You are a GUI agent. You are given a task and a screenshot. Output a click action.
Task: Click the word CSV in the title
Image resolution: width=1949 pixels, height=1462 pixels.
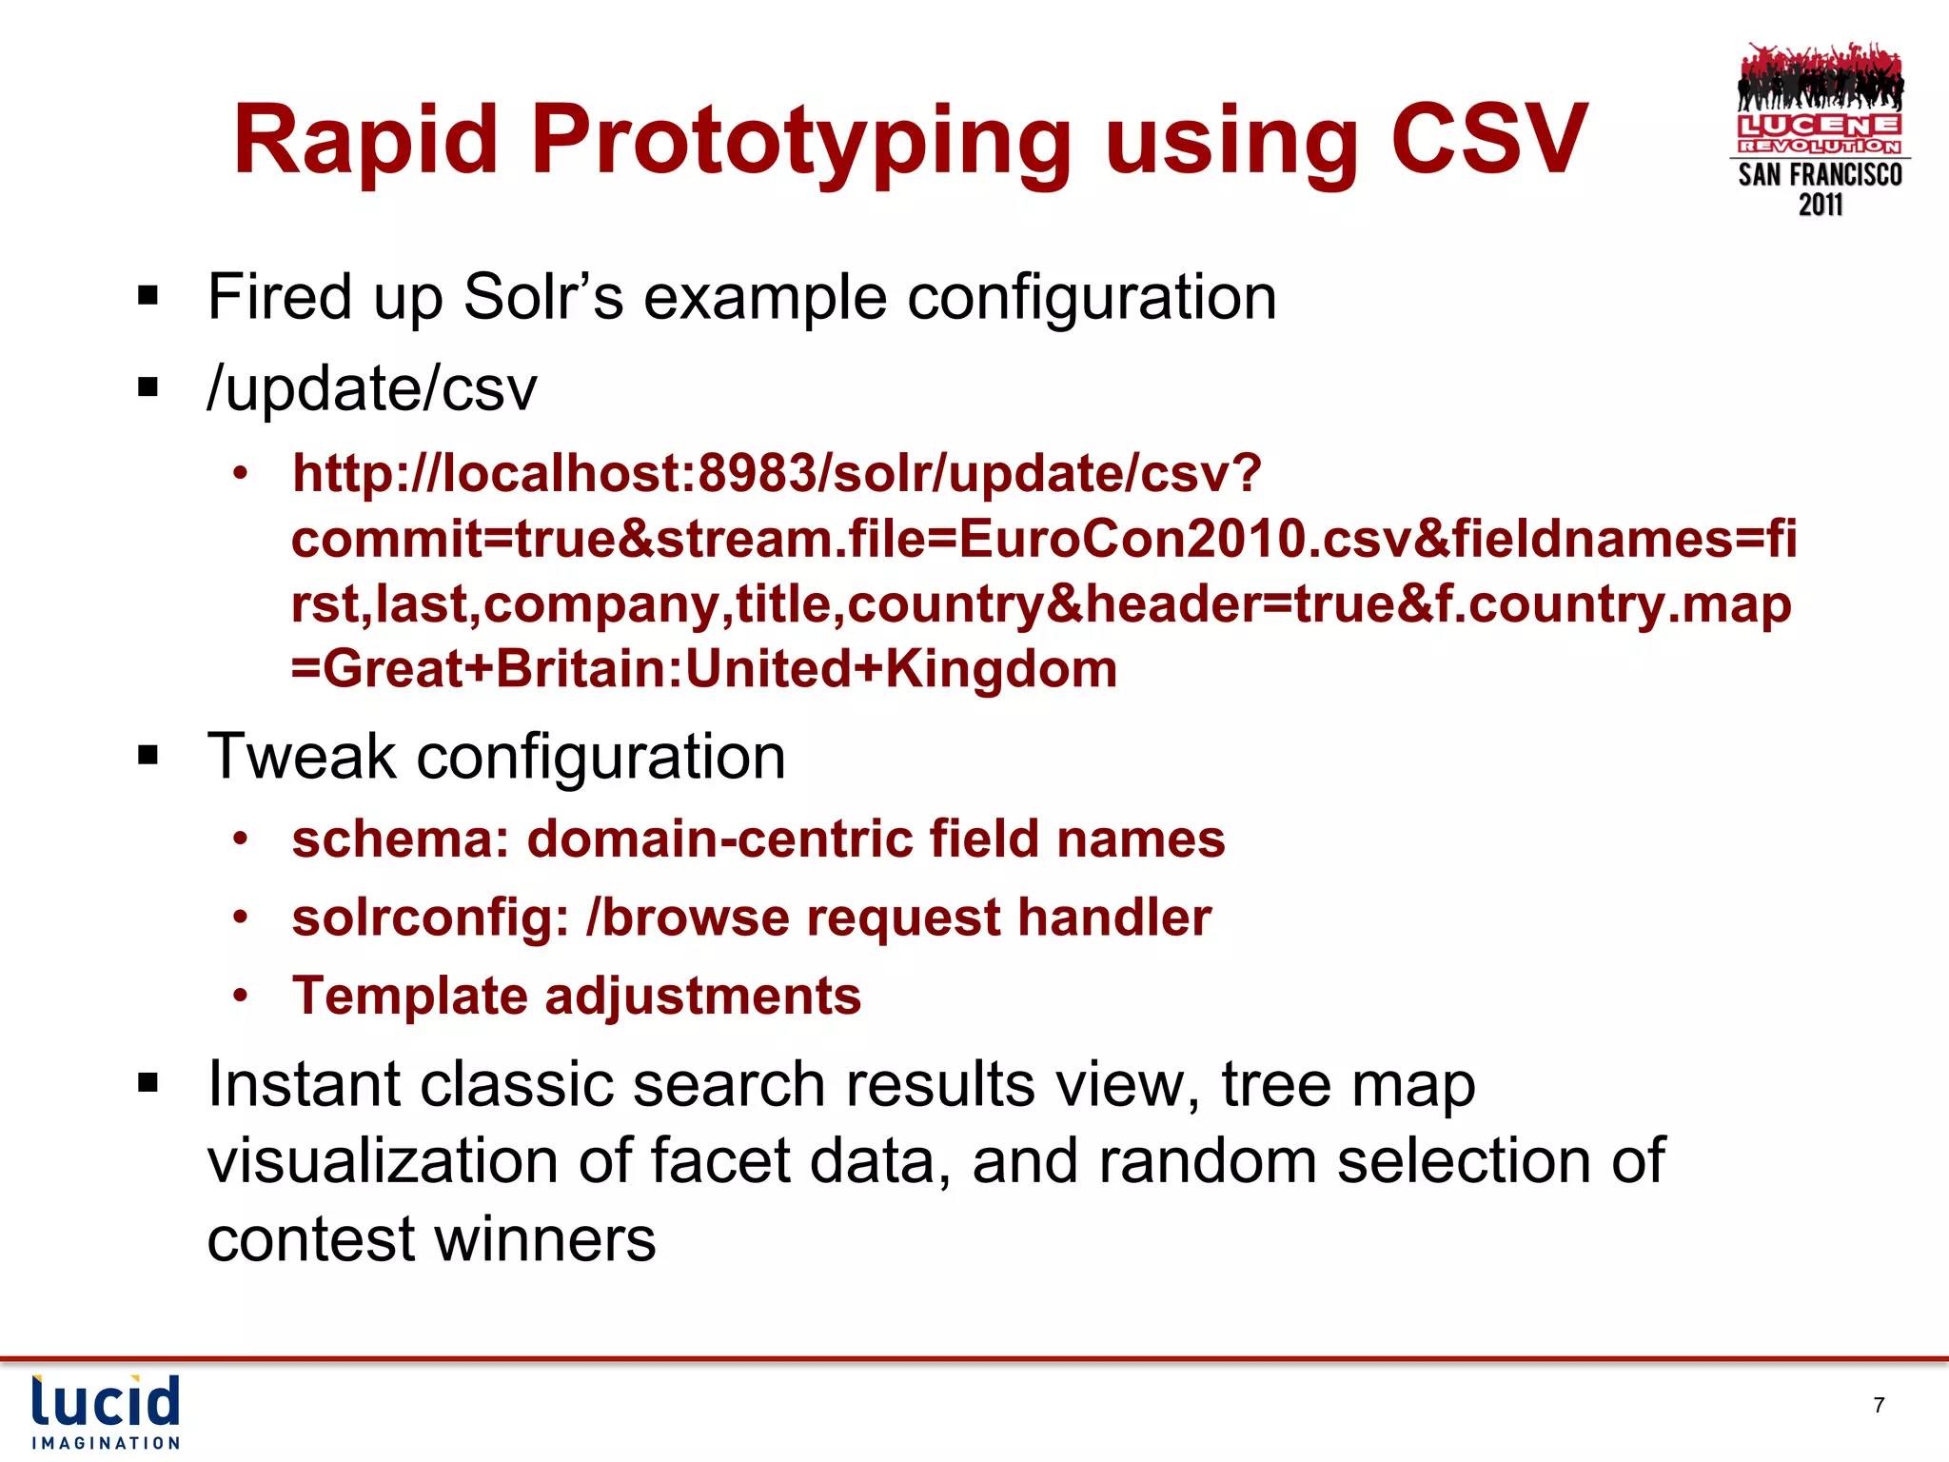[1488, 140]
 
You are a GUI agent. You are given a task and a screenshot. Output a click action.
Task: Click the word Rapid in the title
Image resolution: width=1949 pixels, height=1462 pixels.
[366, 140]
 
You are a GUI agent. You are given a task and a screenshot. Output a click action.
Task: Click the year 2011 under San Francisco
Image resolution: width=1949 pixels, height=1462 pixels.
[1821, 205]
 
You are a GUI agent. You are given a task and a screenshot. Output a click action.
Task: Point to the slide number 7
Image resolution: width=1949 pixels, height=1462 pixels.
[1879, 1405]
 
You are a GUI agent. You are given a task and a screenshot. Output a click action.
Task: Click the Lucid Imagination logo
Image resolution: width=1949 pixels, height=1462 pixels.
[106, 1412]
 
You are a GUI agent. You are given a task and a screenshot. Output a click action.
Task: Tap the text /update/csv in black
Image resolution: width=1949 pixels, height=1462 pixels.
[372, 389]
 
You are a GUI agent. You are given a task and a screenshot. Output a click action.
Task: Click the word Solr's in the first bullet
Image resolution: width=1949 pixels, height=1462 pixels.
[542, 297]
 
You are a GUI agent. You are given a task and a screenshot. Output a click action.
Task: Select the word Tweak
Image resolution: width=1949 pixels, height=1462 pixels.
[301, 757]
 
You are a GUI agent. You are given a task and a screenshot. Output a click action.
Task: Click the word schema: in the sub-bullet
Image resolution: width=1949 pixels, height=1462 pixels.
[401, 840]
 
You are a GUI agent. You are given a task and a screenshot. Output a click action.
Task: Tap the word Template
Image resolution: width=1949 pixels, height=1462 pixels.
[409, 997]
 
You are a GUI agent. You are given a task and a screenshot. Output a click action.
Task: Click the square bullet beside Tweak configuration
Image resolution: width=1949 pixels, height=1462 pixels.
[148, 757]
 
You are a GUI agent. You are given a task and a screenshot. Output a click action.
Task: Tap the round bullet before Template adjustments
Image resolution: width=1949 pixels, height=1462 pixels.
[241, 996]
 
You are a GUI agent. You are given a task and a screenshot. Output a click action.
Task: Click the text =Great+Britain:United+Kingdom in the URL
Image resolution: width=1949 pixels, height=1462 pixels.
[704, 668]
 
